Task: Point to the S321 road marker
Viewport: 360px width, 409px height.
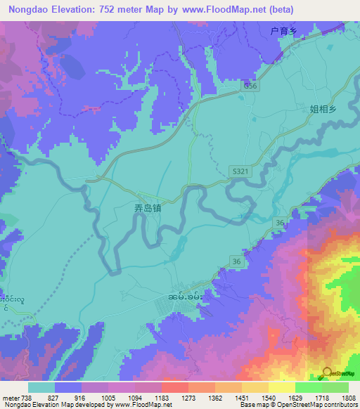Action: coord(240,171)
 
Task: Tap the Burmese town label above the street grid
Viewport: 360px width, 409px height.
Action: coord(186,298)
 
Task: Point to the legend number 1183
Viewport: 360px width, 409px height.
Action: coord(162,397)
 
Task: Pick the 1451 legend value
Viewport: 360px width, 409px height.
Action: coord(241,397)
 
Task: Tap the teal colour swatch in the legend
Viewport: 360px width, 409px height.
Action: coord(41,387)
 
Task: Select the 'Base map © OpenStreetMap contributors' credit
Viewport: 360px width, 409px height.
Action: coord(297,405)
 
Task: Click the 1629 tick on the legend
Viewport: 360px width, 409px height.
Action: coord(295,397)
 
